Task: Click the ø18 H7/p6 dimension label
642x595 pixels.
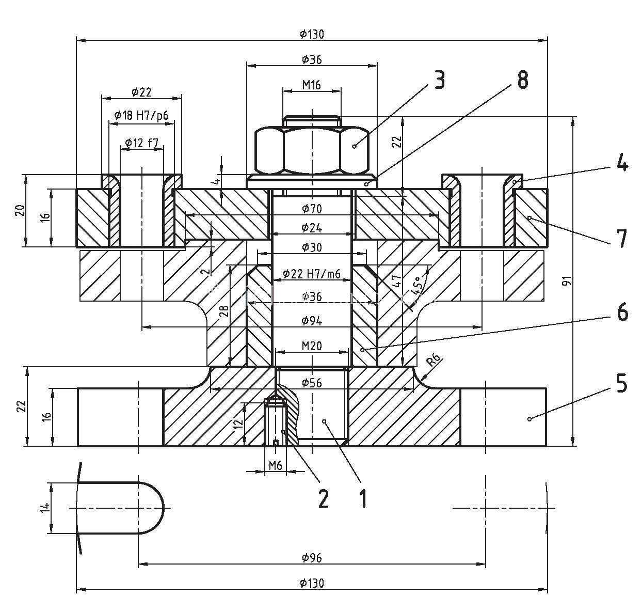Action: click(141, 116)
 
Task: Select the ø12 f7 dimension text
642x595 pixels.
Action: click(141, 143)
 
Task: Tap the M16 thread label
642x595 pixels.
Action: click(312, 85)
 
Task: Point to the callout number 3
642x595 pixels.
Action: click(439, 80)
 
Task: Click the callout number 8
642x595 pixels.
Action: click(523, 80)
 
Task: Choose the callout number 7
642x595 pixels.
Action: click(622, 239)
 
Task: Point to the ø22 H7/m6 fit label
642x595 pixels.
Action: click(312, 274)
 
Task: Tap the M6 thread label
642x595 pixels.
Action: click(276, 465)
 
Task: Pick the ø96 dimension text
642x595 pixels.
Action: click(312, 557)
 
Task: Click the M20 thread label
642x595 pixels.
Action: click(312, 346)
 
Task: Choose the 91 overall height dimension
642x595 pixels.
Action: click(566, 281)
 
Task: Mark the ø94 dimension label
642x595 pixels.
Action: click(312, 321)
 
